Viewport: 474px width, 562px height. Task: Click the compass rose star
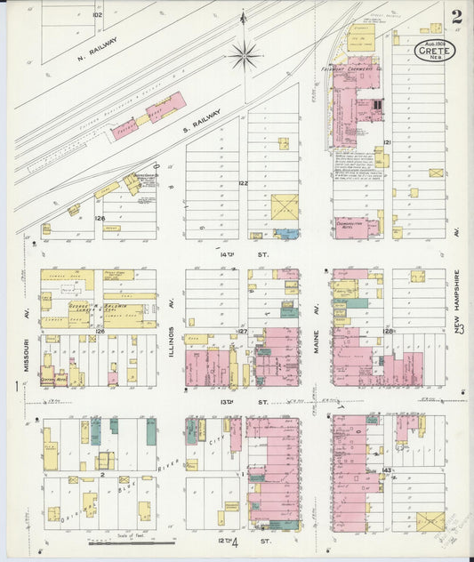tap(243, 55)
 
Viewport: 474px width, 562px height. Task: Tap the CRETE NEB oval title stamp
tap(436, 51)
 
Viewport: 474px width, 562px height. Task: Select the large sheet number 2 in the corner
tap(456, 17)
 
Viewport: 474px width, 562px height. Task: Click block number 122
tap(243, 184)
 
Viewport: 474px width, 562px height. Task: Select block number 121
tap(387, 142)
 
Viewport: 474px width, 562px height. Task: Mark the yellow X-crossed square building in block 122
tap(285, 208)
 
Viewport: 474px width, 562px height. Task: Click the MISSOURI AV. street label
tap(28, 353)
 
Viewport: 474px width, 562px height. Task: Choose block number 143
tap(387, 469)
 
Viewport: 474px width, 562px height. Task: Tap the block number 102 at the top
tap(97, 15)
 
